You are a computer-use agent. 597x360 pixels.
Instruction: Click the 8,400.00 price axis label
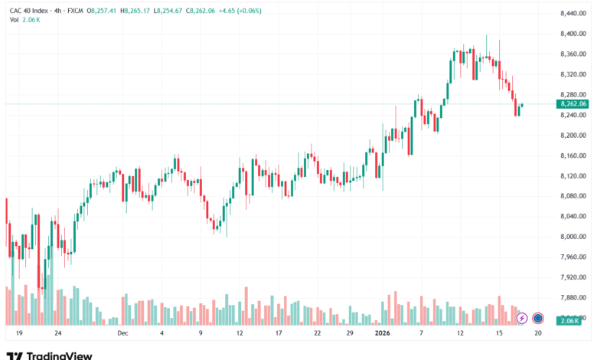tap(572, 34)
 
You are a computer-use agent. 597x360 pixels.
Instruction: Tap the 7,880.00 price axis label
tap(572, 297)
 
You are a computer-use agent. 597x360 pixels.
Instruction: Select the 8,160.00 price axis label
tap(572, 155)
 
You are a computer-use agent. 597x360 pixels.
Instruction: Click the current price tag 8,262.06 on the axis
tap(573, 104)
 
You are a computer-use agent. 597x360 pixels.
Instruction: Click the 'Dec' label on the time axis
tap(123, 334)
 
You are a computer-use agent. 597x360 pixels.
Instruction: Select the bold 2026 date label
tap(383, 334)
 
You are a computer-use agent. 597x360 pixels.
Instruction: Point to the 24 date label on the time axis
tap(57, 334)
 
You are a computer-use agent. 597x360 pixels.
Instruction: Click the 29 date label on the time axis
tap(349, 334)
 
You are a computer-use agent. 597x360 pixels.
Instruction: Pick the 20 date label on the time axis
tap(538, 334)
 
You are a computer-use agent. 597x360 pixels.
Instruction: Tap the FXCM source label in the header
tap(74, 11)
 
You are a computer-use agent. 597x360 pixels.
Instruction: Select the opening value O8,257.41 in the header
tap(104, 11)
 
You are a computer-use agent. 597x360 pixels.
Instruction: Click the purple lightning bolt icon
tap(522, 318)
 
